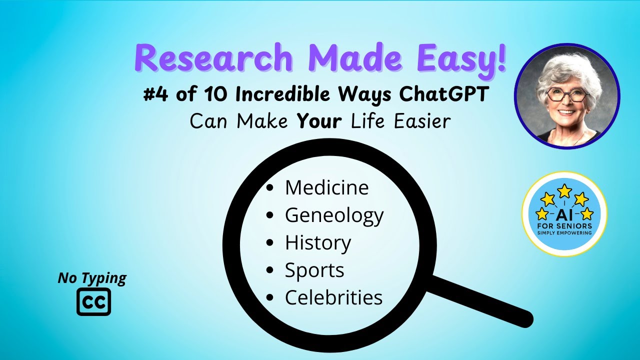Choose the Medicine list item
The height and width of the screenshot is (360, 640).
326,188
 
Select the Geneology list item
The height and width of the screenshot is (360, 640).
334,215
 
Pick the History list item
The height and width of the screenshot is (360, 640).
318,243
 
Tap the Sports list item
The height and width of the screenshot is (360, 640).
314,270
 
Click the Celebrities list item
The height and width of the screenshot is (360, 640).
333,297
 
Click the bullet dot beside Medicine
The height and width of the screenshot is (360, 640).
270,188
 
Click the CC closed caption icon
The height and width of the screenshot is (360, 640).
93,301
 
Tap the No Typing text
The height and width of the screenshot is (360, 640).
92,278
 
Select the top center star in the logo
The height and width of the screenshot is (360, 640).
564,190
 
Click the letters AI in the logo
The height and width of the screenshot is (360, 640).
564,214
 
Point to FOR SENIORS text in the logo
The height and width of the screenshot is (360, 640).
564,226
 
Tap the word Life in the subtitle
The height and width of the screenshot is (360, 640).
370,121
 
